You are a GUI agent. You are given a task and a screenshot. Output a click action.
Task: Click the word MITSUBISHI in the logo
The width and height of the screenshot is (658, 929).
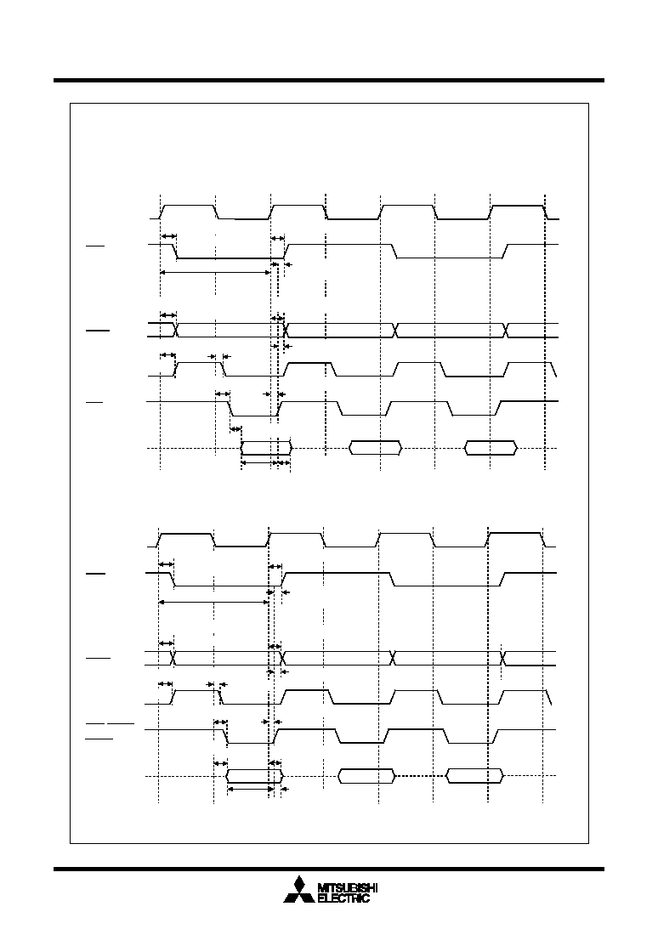[348, 887]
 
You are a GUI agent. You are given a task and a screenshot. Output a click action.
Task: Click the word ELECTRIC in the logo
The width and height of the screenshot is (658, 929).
[343, 898]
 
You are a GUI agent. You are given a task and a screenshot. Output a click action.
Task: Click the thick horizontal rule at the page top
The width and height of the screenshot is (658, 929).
[329, 80]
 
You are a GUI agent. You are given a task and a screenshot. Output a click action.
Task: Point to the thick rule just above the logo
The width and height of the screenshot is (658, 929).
[329, 870]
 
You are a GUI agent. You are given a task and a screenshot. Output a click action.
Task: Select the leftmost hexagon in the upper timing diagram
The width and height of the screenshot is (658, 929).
[266, 448]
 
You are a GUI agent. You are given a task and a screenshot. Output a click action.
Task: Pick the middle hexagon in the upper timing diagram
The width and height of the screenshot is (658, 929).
[375, 448]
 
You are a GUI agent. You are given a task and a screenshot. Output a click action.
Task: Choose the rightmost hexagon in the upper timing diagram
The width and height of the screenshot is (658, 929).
[491, 448]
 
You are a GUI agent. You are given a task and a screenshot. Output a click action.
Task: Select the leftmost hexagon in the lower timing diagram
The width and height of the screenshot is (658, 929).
[255, 776]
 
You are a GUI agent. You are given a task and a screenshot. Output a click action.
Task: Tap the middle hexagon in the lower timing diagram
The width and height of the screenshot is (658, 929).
[366, 776]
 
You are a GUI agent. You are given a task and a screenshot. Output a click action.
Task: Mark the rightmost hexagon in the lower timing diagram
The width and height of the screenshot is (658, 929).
[475, 776]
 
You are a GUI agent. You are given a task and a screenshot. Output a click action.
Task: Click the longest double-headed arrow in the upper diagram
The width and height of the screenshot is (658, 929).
[215, 272]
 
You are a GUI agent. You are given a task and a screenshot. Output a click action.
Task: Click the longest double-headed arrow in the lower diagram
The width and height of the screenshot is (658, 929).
[213, 602]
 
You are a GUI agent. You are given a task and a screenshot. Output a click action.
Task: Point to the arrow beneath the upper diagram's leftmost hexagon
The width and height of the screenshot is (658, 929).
[256, 462]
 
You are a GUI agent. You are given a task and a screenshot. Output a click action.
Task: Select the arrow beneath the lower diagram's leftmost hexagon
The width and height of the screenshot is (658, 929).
[251, 789]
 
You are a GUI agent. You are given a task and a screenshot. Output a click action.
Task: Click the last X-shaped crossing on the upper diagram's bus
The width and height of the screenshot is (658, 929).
[506, 330]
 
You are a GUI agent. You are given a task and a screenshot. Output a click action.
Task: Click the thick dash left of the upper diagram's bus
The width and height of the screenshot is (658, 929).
[98, 331]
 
